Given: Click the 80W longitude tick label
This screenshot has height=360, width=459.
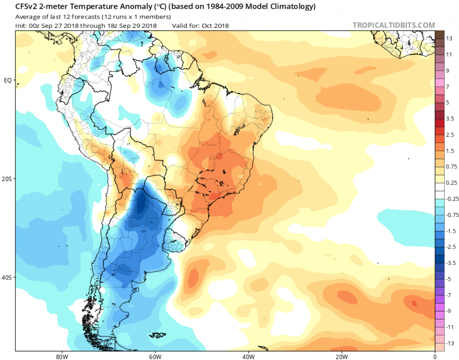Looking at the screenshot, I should (x=60, y=357).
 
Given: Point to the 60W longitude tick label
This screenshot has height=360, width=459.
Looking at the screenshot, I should (x=154, y=357).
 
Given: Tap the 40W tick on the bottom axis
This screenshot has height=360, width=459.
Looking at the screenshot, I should (x=247, y=357).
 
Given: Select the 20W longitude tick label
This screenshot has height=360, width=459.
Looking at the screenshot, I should (x=341, y=357).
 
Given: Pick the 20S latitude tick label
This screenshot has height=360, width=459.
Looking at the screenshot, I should (x=7, y=179).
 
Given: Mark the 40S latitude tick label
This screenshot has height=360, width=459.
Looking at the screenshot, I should (x=7, y=277).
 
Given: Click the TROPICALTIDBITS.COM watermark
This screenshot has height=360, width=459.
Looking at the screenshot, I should (x=394, y=25).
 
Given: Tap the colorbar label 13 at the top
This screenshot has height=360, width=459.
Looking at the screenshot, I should (x=449, y=38).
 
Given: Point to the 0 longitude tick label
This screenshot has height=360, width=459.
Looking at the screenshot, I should (x=435, y=357).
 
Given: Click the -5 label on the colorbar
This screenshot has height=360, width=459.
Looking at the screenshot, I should (x=449, y=278).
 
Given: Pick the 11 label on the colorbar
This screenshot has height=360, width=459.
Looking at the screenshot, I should (x=449, y=54).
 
